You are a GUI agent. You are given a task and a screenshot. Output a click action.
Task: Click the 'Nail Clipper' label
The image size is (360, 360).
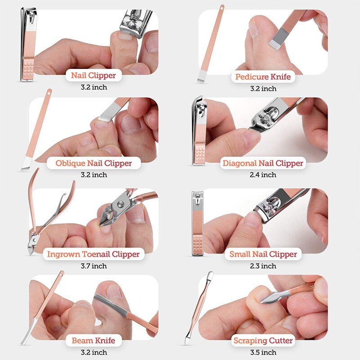coord(93,76)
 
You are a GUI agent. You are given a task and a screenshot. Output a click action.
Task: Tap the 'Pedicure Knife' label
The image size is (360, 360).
coord(263,77)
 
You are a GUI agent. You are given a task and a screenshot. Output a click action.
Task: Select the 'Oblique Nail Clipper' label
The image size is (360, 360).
coord(94,163)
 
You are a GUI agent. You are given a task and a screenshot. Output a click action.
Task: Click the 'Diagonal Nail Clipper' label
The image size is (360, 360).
coord(263,163)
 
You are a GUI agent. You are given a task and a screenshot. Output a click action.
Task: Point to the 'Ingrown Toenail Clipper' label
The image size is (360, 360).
coord(94,254)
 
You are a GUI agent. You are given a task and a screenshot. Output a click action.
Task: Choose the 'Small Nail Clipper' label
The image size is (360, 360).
coord(263,254)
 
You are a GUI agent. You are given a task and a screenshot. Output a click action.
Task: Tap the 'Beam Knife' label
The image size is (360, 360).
coord(93,341)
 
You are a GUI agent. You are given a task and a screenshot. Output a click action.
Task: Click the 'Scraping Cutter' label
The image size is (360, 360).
coord(263,341)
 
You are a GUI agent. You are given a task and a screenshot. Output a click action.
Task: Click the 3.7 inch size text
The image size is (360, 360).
coord(94,266)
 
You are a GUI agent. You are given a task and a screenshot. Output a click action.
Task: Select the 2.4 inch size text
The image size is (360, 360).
coord(263,175)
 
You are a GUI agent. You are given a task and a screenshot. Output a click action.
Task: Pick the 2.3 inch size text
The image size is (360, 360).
coord(263,266)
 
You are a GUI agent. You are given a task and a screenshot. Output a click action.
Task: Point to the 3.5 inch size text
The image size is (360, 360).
coord(263,352)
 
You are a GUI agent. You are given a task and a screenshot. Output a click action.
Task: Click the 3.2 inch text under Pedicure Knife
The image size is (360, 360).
coord(263,89)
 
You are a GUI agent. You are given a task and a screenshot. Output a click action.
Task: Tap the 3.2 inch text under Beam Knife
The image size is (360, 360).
coord(94,352)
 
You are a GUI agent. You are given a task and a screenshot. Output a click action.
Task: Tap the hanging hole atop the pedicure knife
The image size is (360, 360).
coord(222,7)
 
